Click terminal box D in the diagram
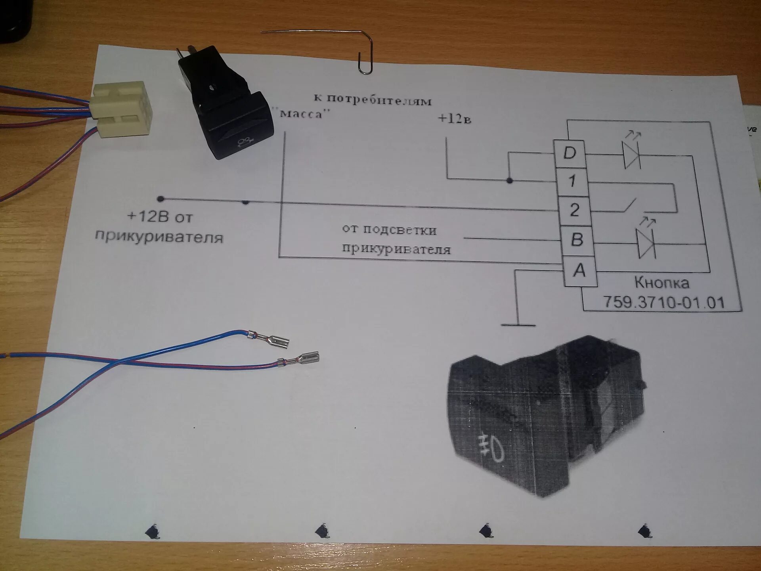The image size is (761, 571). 570,153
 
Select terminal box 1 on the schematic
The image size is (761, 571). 572,182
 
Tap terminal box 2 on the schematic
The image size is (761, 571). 575,210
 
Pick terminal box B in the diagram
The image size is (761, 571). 577,240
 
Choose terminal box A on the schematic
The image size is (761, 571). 580,271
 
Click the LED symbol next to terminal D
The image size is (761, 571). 631,154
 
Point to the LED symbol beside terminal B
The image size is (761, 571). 645,243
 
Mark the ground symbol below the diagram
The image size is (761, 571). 518,323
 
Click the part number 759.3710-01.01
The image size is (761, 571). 664,303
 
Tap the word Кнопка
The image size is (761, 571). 662,283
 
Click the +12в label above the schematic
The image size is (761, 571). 454,119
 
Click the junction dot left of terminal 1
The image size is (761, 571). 510,181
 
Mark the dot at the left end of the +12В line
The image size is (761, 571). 161,198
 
